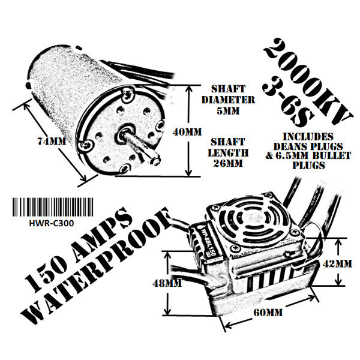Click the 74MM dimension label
click(x=52, y=141)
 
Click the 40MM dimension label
click(x=187, y=132)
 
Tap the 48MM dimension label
click(x=167, y=283)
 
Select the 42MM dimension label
click(x=337, y=264)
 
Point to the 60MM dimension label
click(x=268, y=313)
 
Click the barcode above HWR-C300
click(x=53, y=207)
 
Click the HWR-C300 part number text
click(x=52, y=223)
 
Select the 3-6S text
click(x=287, y=103)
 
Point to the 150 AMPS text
click(x=78, y=249)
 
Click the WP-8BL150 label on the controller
click(x=209, y=241)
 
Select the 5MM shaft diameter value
click(x=228, y=111)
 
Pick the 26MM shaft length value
click(x=228, y=163)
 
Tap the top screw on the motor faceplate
click(x=128, y=95)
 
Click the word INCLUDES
click(x=308, y=137)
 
